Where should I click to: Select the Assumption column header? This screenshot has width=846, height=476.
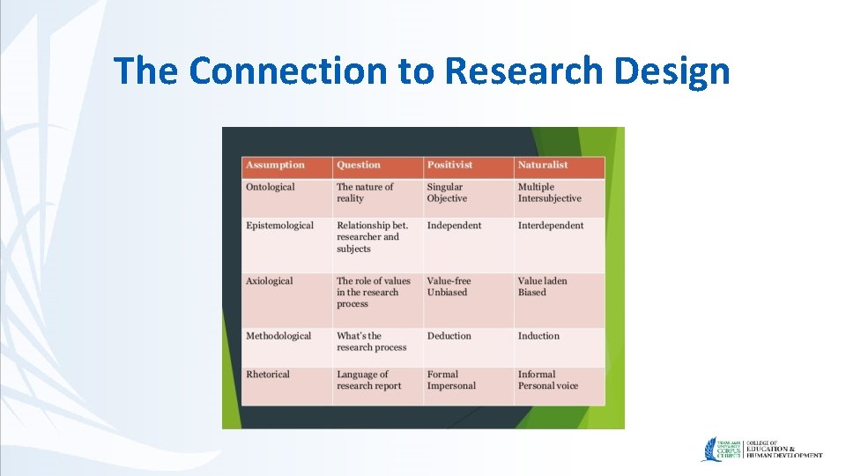click(275, 165)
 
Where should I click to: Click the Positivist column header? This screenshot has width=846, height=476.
click(449, 165)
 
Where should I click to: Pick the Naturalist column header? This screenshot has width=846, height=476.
click(543, 165)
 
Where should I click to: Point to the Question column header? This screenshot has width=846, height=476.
click(359, 165)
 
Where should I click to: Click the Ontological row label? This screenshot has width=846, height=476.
click(271, 187)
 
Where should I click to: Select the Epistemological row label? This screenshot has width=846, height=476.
click(279, 226)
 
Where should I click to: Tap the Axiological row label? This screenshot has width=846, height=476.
click(269, 281)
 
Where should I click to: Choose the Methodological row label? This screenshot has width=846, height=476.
click(278, 336)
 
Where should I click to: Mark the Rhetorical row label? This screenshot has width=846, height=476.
click(268, 375)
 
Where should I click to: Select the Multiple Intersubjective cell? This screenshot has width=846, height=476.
click(549, 193)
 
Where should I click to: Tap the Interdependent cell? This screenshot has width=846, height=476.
click(551, 226)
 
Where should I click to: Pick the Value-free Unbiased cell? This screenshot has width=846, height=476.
click(449, 286)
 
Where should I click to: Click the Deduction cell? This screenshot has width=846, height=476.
click(449, 336)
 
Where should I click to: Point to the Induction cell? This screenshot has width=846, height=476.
click(538, 336)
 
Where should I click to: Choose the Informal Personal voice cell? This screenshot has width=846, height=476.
click(547, 380)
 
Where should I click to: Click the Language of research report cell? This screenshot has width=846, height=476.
click(368, 380)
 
